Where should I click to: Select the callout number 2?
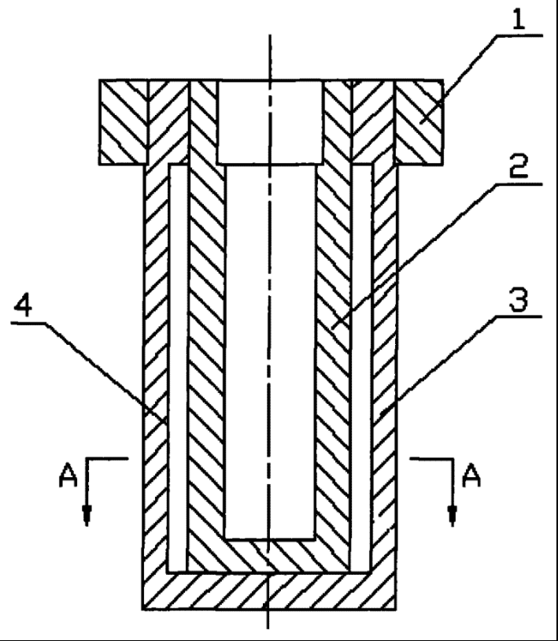[519, 169]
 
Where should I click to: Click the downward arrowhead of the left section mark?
[87, 516]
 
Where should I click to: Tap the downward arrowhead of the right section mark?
[452, 516]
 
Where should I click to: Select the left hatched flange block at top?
[124, 122]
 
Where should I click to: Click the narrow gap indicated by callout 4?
[178, 370]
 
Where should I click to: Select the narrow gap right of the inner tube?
[361, 370]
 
